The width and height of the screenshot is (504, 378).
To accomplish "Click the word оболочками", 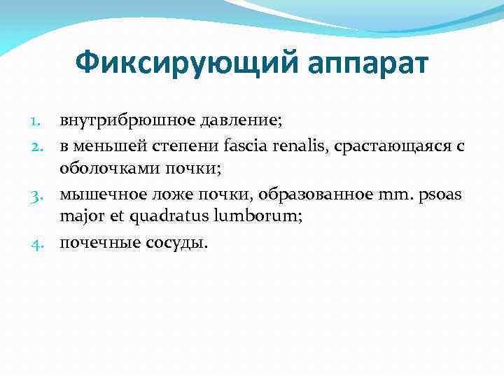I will click(x=110, y=169).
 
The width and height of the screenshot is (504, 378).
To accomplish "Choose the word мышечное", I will click(x=97, y=194).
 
